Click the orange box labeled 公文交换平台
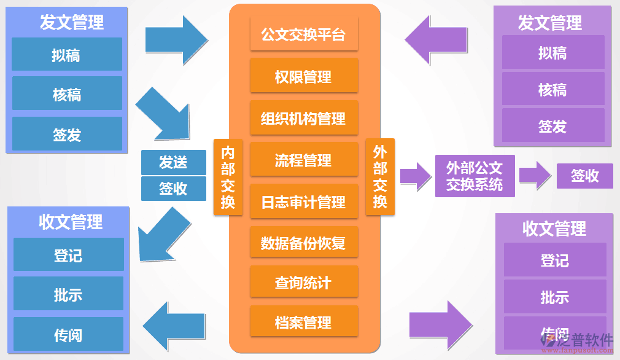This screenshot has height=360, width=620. click(x=304, y=34)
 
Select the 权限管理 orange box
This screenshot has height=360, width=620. click(x=304, y=76)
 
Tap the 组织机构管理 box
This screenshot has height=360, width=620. click(x=304, y=118)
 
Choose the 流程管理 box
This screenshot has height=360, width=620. click(x=304, y=160)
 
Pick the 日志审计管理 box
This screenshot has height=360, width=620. click(x=304, y=202)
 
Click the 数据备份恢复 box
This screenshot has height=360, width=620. click(x=304, y=243)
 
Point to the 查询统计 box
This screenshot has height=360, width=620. click(x=304, y=283)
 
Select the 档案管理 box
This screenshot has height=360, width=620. click(x=304, y=322)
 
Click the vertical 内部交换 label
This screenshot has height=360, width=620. click(x=228, y=178)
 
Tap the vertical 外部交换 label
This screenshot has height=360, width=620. click(x=380, y=178)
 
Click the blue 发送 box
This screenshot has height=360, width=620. click(x=173, y=162)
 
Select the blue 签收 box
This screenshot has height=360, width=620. click(x=173, y=189)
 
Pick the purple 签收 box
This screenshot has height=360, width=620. click(x=584, y=176)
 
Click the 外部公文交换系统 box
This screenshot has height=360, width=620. click(x=475, y=176)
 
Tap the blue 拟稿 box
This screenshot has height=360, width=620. click(x=67, y=55)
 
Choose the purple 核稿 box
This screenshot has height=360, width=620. click(x=552, y=90)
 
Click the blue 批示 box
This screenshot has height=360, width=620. click(x=68, y=294)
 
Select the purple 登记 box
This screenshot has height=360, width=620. click(x=554, y=260)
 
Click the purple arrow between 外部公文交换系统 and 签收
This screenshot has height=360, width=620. click(x=535, y=176)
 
